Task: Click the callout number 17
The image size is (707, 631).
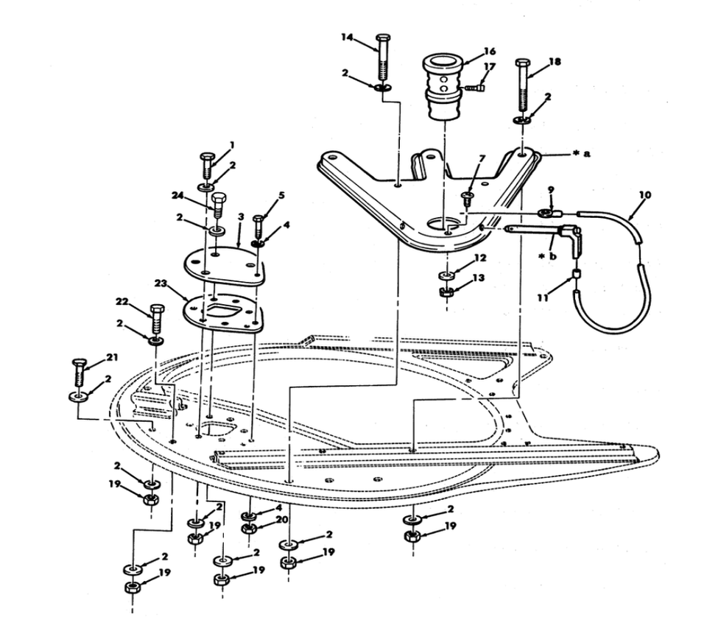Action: click(x=488, y=67)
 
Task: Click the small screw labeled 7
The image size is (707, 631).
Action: click(x=466, y=198)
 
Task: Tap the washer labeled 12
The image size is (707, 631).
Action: click(x=447, y=275)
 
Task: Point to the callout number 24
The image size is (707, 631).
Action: click(x=177, y=196)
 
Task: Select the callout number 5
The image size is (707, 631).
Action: click(x=281, y=197)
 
